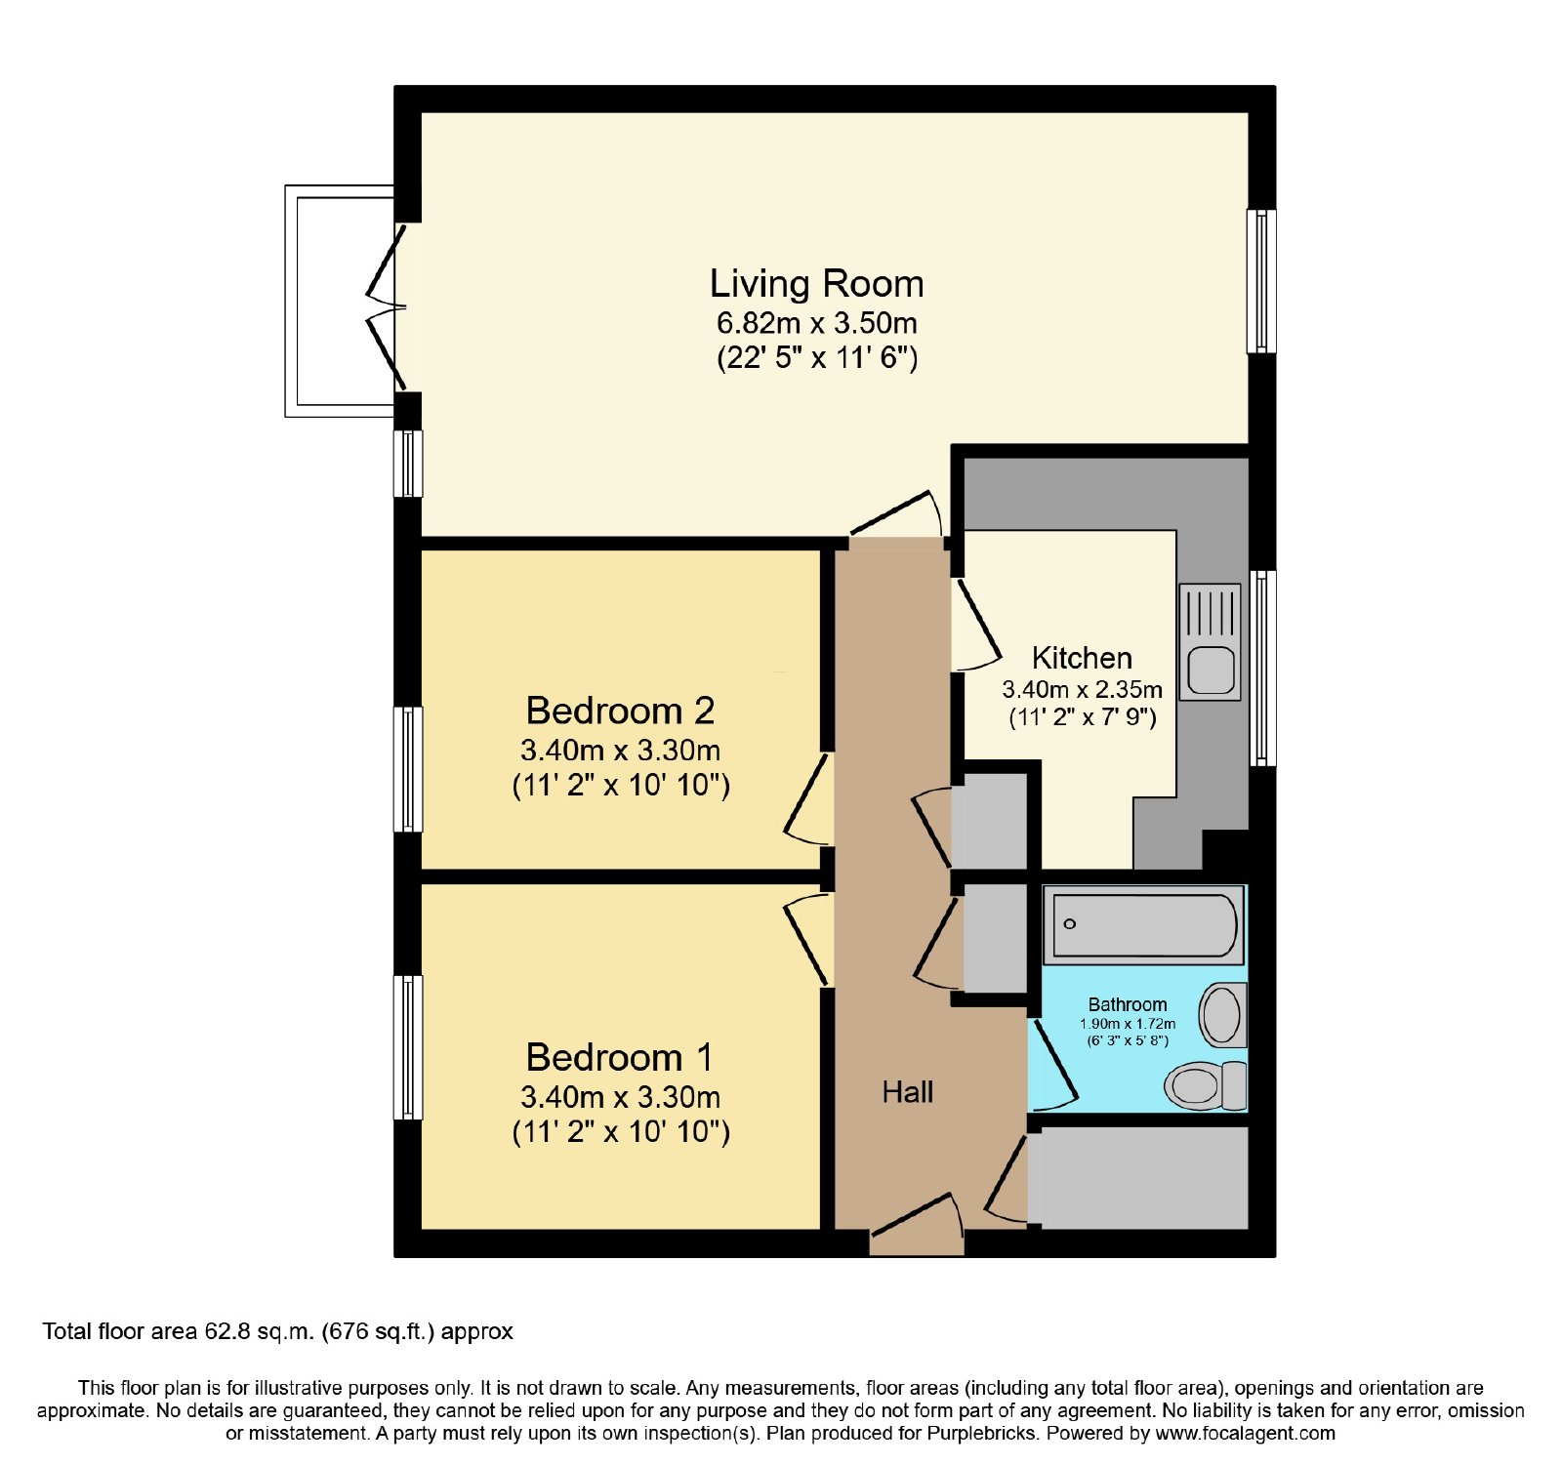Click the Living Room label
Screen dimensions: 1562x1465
coord(816,284)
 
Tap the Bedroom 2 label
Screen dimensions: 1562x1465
coord(620,711)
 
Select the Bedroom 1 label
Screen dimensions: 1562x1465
coord(619,1057)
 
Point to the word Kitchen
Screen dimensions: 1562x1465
coord(1082,658)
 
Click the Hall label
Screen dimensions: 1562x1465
coord(908,1092)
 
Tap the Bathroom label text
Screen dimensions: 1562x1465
coord(1128,1004)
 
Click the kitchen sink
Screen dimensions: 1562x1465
coord(1211,642)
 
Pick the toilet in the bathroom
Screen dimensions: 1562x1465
coord(1207,1084)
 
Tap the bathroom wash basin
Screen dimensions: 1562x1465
coord(1222,1015)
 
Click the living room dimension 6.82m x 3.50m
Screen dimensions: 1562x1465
coord(817,323)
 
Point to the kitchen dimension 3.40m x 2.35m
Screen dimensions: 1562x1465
coord(1083,689)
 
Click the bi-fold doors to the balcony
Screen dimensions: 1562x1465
coord(388,307)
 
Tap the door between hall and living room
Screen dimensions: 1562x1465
coord(896,514)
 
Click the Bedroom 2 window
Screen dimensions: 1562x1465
coord(409,769)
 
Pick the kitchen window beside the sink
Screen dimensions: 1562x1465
coord(1262,669)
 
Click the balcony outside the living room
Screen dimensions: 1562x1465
coord(340,302)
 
